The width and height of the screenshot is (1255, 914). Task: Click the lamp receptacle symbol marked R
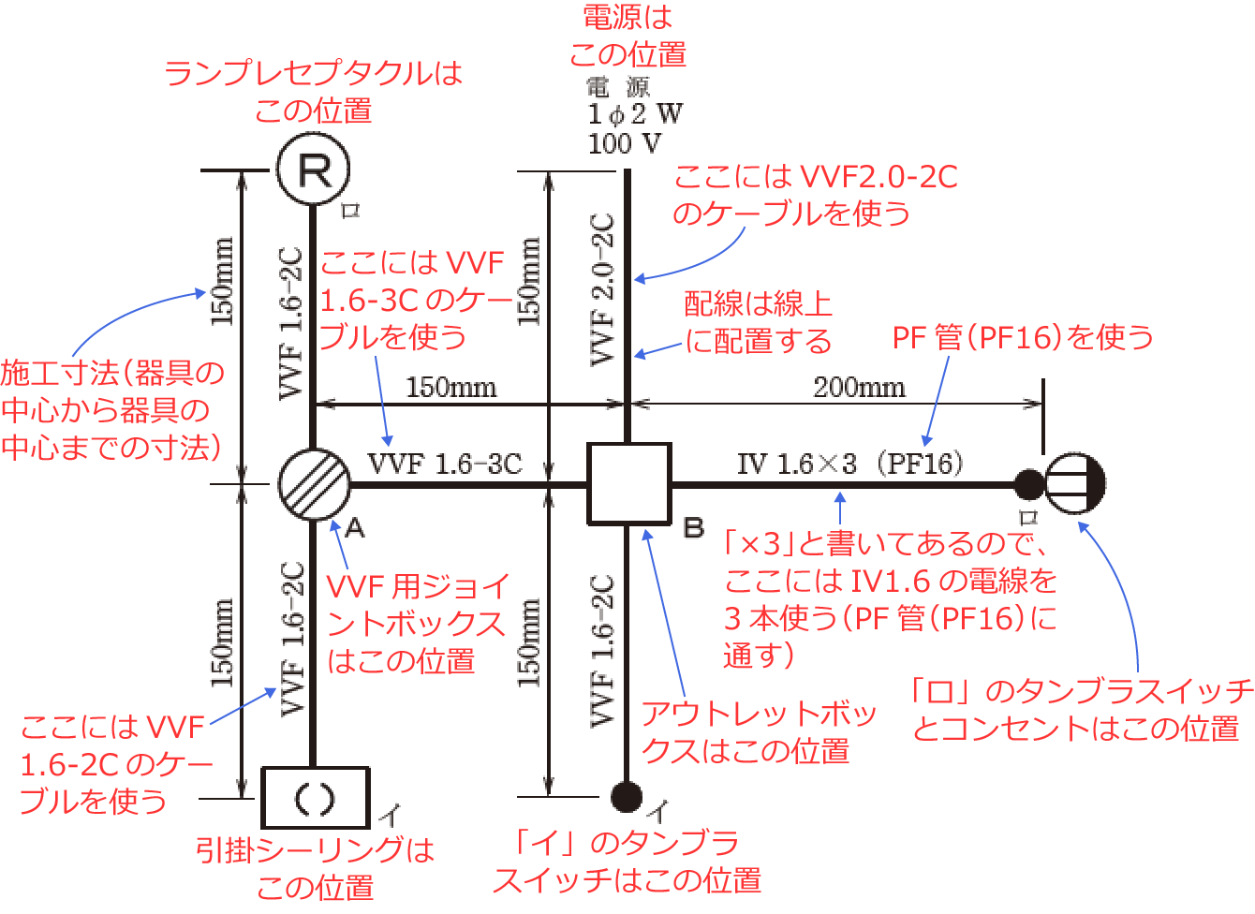pos(314,170)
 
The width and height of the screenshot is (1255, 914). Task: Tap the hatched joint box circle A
pos(314,484)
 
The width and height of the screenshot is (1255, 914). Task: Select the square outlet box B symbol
pos(628,484)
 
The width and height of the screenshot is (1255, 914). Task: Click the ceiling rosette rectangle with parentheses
pos(315,798)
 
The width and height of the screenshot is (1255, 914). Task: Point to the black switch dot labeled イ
pos(627,796)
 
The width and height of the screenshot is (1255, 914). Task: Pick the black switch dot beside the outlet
pos(1029,484)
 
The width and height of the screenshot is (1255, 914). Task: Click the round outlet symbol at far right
pos(1074,484)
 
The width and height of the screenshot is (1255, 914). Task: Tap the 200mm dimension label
pos(859,387)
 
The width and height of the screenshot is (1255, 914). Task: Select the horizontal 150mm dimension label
pos(451,387)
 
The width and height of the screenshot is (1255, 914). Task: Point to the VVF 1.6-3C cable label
pos(445,464)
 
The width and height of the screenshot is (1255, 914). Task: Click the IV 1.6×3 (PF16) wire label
pos(849,464)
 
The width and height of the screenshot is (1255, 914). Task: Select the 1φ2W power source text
pos(635,114)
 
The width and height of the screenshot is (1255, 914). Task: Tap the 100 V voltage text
pos(624,143)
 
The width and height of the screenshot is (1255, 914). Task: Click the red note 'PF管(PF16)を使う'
pos(1023,337)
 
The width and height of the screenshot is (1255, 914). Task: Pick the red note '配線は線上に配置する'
pos(759,322)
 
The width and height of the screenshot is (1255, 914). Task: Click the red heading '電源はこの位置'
pos(627,36)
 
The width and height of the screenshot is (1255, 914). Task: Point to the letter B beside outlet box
pos(694,528)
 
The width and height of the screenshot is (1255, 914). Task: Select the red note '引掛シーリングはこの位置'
pos(316,868)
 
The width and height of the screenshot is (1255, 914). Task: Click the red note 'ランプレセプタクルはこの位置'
pos(314,91)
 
